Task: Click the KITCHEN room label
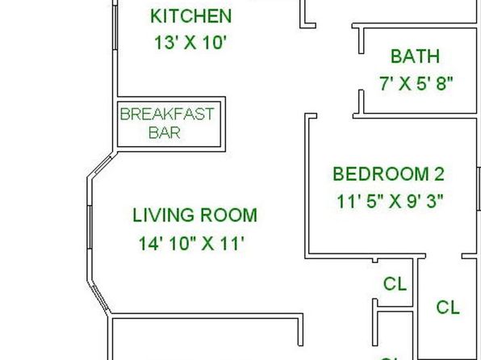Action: (x=190, y=16)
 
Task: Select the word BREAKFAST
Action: (x=167, y=114)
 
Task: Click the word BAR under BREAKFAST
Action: (x=165, y=132)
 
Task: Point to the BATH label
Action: (x=415, y=57)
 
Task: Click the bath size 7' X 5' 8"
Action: (x=416, y=83)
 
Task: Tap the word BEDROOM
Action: (x=381, y=174)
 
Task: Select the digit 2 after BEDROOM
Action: (x=439, y=174)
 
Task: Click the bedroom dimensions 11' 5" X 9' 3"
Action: (x=390, y=201)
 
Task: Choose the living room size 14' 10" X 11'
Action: (x=191, y=244)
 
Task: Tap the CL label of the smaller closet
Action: (x=395, y=284)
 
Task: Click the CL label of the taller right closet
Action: (x=448, y=308)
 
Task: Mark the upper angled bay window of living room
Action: (x=102, y=165)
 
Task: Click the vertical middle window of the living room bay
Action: (x=90, y=227)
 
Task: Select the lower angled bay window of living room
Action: (x=99, y=297)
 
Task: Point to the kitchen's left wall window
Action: (x=115, y=27)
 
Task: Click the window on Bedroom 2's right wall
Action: (x=479, y=189)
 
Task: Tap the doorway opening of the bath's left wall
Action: (x=362, y=72)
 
